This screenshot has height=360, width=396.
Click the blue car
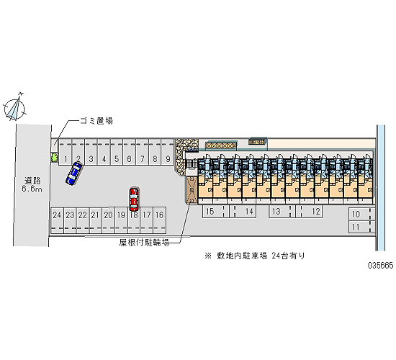pos(73,174)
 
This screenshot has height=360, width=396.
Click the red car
pos(134,199)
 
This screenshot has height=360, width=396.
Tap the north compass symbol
pos(14,108)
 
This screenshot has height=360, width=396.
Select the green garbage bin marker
pos(54,158)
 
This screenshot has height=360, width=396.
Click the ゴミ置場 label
pos(96,121)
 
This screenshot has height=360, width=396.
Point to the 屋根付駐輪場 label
pos(144,243)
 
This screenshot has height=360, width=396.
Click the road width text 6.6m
pos(32,189)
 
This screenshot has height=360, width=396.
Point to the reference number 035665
pos(381,265)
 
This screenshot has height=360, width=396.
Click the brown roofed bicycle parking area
pos(192,190)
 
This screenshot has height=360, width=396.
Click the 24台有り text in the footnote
pos(288,256)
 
